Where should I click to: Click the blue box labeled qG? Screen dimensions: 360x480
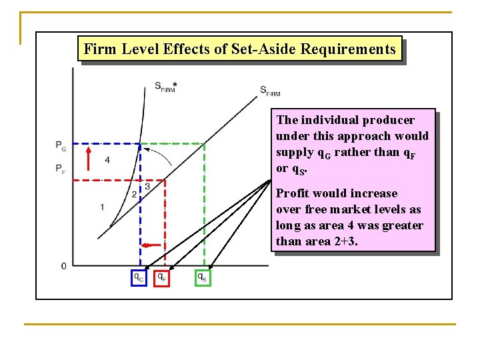point(138,277)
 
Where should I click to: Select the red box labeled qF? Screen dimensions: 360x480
point(162,277)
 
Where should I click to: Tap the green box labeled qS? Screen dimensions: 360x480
point(203,277)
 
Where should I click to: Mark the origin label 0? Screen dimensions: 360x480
point(63,266)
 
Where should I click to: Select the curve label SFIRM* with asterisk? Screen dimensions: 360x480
point(166,87)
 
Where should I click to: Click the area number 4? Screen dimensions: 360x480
point(107,160)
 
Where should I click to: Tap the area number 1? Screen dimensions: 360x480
point(102,207)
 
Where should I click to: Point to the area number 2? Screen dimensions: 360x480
point(134,194)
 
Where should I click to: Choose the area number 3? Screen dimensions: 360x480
point(147,187)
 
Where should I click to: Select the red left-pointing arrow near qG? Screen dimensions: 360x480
point(153,245)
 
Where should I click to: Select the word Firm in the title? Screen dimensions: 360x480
point(99,49)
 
